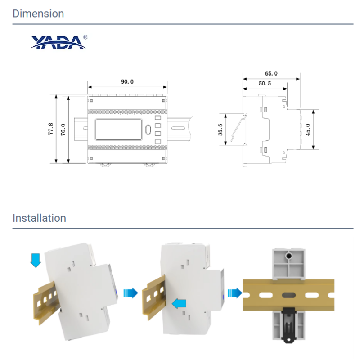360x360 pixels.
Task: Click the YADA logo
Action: tap(59, 42)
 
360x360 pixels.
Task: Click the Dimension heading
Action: tap(38, 13)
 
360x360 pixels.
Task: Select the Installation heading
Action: tap(39, 218)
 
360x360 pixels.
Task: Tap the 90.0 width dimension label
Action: tap(127, 82)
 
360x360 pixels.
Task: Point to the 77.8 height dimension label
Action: tap(51, 129)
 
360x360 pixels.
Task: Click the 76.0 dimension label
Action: tap(63, 130)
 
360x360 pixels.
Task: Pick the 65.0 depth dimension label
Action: tap(271, 73)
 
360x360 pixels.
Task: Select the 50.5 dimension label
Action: tap(265, 84)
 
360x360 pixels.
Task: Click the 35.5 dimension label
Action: tap(220, 130)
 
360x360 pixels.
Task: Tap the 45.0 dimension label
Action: tap(308, 130)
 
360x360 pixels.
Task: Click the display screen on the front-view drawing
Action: tap(119, 130)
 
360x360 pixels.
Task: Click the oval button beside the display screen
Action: tap(148, 130)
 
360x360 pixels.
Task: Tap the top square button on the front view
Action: tap(158, 118)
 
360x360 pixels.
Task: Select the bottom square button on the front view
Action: tap(158, 141)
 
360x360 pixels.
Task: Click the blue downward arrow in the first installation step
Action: tap(36, 261)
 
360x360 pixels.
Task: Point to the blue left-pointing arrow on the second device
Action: tap(179, 304)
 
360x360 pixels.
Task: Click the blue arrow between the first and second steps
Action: tap(131, 293)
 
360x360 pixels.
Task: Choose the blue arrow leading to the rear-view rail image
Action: tap(235, 293)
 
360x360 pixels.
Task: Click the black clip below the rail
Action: tap(288, 325)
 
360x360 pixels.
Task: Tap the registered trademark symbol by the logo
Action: tap(85, 37)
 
